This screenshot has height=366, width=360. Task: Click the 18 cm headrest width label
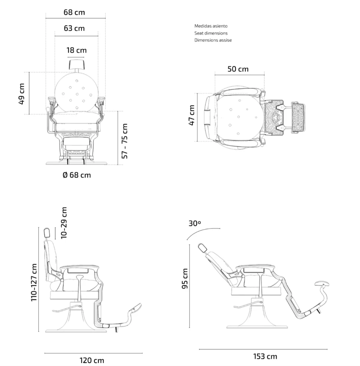pos(77,50)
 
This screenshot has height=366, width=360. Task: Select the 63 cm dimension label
pos(74,28)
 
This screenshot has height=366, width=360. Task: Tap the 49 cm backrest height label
pos(21,94)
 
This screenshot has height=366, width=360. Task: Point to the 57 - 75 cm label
pos(125,141)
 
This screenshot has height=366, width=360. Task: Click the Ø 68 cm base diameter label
pos(77,175)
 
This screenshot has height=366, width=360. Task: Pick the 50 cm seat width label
pos(238,69)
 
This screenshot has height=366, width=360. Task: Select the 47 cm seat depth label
pos(191,115)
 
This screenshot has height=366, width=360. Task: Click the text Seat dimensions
pos(211,33)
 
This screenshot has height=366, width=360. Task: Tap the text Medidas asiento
pos(211,26)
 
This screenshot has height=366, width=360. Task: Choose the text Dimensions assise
pos(213,40)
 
